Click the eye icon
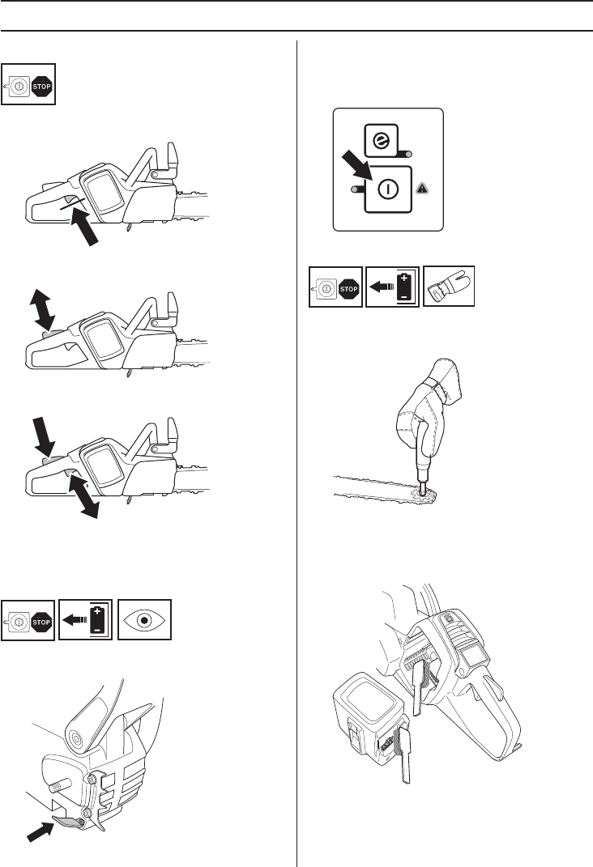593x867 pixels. [146, 620]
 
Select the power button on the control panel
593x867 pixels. [389, 188]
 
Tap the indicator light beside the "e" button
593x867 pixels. [410, 155]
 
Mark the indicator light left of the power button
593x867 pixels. [355, 189]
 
